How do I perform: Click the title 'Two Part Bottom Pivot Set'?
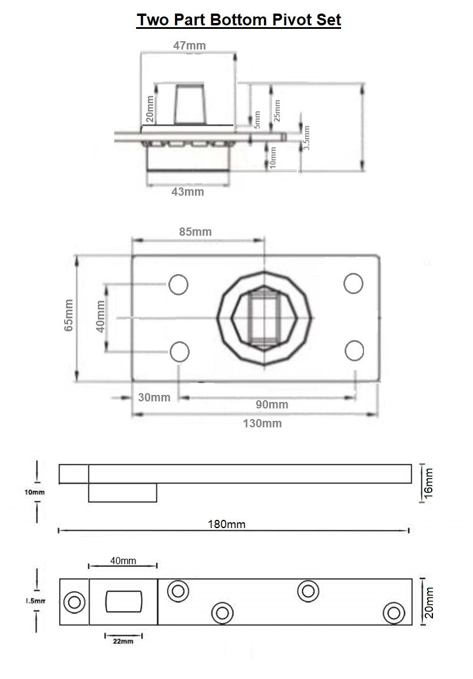[239, 19]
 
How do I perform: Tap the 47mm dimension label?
[189, 45]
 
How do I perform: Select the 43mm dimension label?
[187, 192]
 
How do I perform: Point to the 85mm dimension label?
[195, 232]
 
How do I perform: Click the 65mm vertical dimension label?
[69, 315]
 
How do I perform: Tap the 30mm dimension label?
[154, 397]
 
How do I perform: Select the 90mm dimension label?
[272, 404]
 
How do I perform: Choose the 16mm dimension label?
[428, 482]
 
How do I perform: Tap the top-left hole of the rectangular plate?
[178, 285]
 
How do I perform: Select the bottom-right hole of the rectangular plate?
[354, 350]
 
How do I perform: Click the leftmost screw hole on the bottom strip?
[74, 602]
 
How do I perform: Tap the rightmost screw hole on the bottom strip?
[393, 612]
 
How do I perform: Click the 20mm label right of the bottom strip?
[429, 602]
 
